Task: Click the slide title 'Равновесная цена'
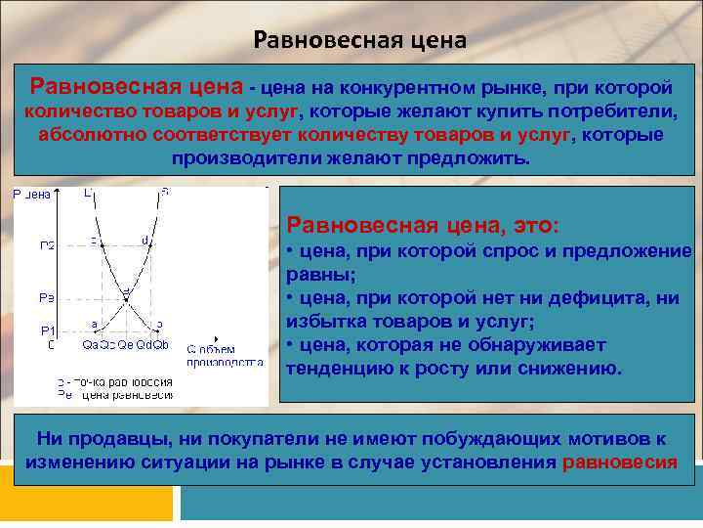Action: (360, 40)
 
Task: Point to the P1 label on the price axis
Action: (48, 330)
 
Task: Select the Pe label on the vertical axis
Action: (48, 296)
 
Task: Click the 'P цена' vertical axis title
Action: (31, 195)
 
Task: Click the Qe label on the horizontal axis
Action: (126, 344)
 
